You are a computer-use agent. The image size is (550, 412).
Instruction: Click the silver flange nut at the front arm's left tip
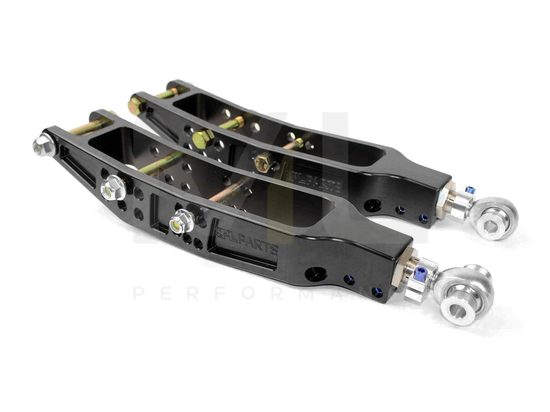tap(43, 146)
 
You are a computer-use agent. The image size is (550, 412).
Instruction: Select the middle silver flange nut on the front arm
tap(111, 189)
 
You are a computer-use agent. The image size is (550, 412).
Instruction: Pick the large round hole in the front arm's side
tap(315, 274)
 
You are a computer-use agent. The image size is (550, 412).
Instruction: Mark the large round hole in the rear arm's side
tap(373, 205)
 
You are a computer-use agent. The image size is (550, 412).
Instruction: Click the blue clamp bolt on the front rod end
tap(420, 273)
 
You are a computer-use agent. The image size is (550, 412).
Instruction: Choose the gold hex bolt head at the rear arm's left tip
tap(135, 106)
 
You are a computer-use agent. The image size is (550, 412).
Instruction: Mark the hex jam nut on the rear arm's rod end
tap(445, 200)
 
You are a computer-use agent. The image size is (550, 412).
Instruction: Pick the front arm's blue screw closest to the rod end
tap(376, 292)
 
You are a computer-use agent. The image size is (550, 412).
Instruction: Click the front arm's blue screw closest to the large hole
tap(349, 279)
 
